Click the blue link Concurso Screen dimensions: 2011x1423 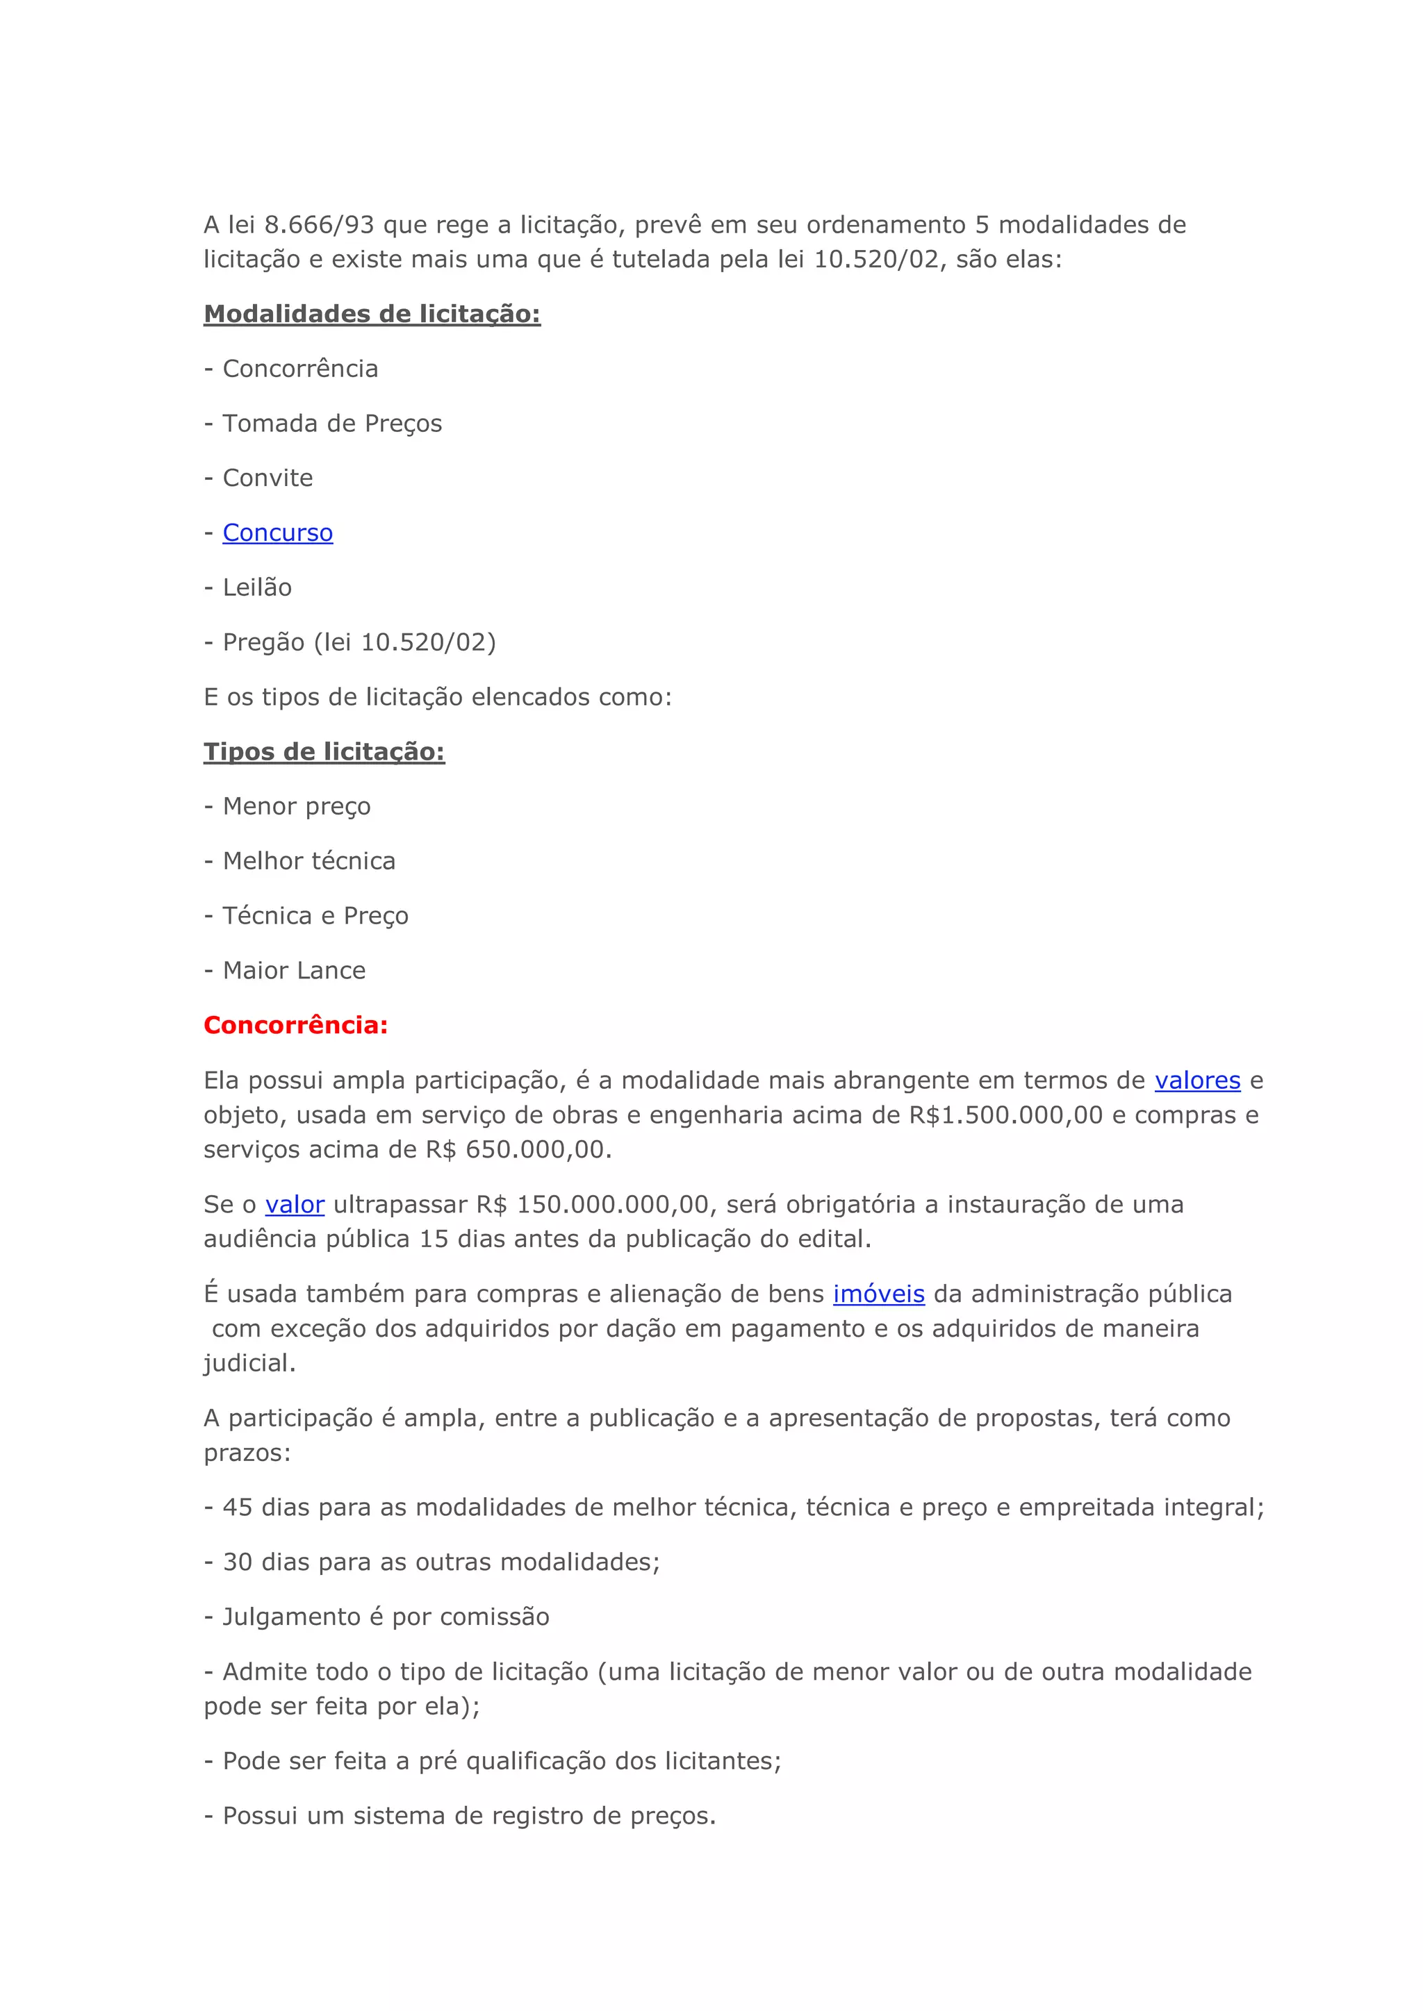pyautogui.click(x=278, y=533)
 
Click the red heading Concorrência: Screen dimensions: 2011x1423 pyautogui.click(x=295, y=1025)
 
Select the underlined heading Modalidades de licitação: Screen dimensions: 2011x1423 pyautogui.click(x=372, y=314)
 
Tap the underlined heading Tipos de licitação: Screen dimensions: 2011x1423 pyautogui.click(x=324, y=751)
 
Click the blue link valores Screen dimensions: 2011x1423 pyautogui.click(x=1197, y=1080)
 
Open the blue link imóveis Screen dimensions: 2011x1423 pyautogui.click(x=879, y=1294)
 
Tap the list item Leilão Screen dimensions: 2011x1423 pyautogui.click(x=256, y=587)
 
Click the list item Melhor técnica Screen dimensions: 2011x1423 pyautogui.click(x=309, y=861)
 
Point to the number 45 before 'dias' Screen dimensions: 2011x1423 pyautogui.click(x=238, y=1508)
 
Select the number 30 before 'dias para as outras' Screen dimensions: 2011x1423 pyautogui.click(x=238, y=1562)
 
